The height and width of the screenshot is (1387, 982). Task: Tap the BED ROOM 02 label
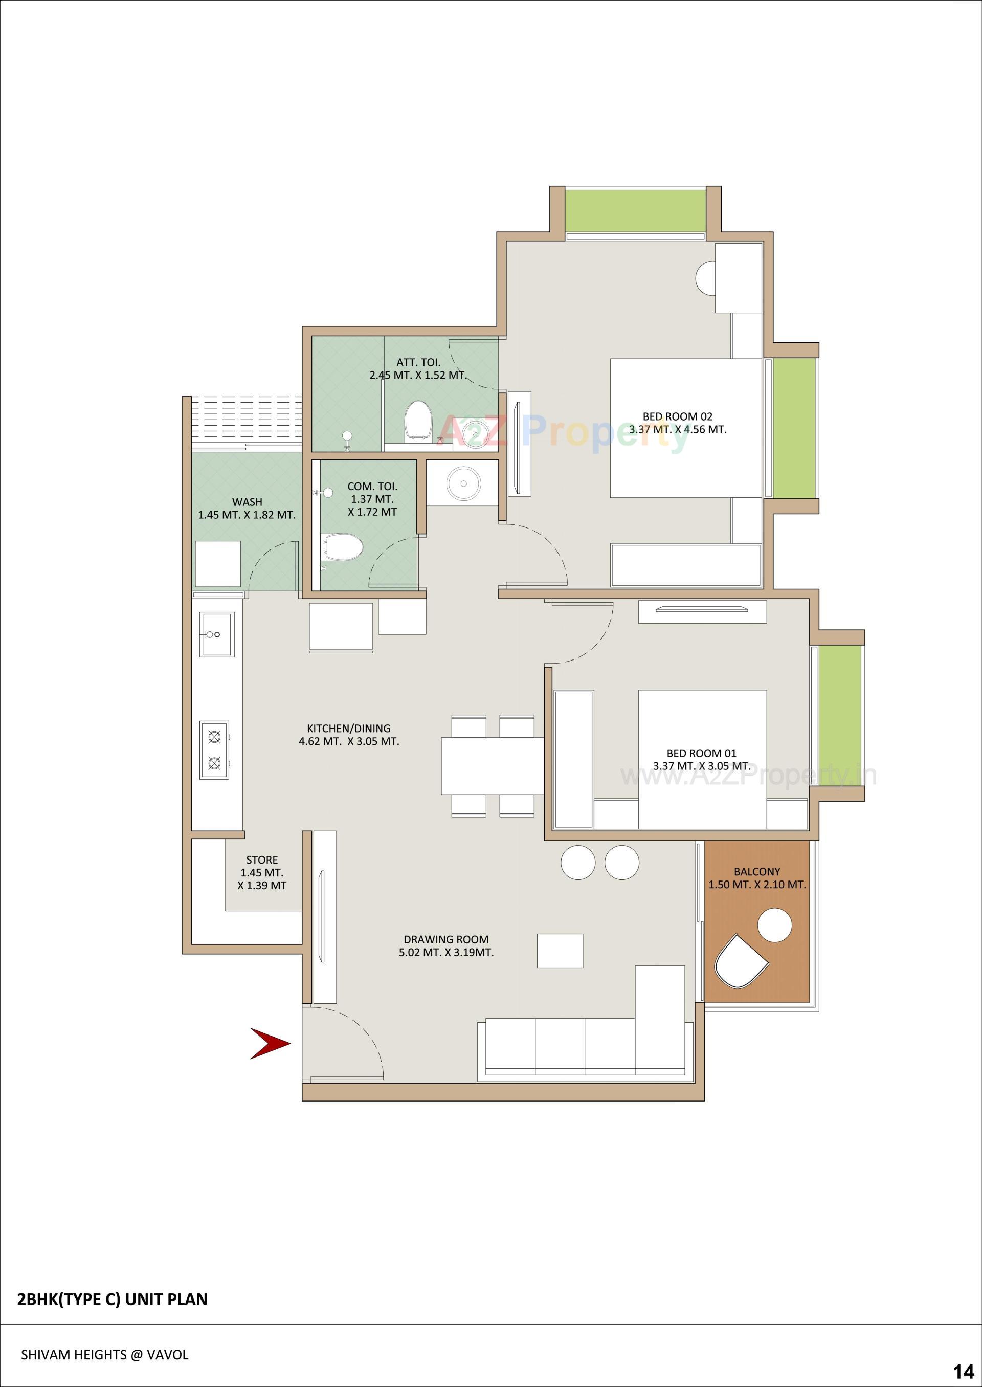click(x=677, y=416)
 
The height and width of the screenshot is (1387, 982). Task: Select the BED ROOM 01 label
click(x=701, y=753)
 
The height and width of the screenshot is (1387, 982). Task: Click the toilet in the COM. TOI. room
click(x=343, y=548)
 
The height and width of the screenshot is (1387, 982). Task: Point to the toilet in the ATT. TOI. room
click(x=418, y=418)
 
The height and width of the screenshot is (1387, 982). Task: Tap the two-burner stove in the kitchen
click(x=215, y=750)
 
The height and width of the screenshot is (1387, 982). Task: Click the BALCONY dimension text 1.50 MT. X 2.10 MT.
click(x=757, y=885)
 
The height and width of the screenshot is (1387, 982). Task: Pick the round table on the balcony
click(x=774, y=925)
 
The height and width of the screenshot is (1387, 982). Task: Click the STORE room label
click(x=262, y=860)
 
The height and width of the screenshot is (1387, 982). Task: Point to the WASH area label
click(x=248, y=501)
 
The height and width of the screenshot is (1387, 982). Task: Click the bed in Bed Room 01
click(x=702, y=759)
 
